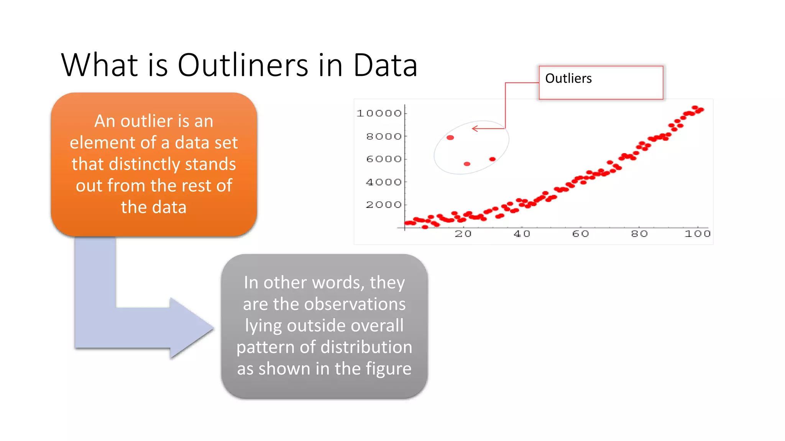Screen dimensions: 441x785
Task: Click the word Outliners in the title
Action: click(x=243, y=65)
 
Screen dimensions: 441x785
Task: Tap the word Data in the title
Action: click(x=385, y=65)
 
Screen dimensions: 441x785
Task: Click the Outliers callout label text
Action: click(x=568, y=78)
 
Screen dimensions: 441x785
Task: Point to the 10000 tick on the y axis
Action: click(x=379, y=113)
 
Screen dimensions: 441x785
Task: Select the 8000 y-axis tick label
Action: click(x=384, y=136)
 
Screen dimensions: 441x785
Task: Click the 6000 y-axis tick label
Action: click(x=384, y=159)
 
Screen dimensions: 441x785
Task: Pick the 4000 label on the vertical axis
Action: click(x=384, y=182)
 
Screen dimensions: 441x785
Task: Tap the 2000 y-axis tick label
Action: click(x=384, y=205)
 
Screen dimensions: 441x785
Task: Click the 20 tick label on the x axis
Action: click(x=463, y=234)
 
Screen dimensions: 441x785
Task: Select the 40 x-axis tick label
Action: click(x=522, y=234)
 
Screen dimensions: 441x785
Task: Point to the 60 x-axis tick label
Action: click(x=580, y=234)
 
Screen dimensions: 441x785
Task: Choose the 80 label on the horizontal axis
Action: click(x=639, y=234)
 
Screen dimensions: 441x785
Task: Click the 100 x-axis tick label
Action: click(x=698, y=234)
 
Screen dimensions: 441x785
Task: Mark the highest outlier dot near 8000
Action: click(x=450, y=137)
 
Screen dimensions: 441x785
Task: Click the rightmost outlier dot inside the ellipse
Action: click(x=493, y=159)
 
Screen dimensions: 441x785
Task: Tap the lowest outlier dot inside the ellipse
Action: click(x=467, y=164)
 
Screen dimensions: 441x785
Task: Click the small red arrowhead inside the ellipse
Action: click(x=475, y=129)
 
